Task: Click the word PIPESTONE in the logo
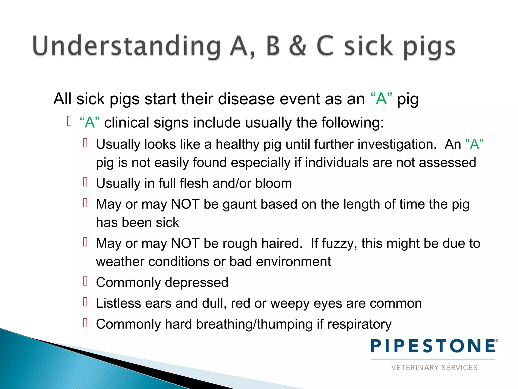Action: [434, 346]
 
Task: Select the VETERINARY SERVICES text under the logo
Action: [434, 367]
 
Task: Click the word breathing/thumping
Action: [254, 324]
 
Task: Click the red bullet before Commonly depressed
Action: [85, 281]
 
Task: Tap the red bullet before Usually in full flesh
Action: [85, 182]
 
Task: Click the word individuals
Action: [337, 163]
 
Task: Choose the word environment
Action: [293, 262]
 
